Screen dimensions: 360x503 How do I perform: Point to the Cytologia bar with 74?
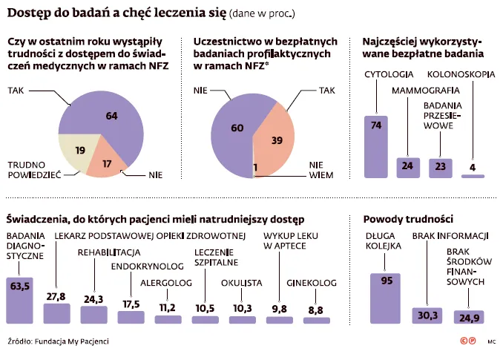(x=376, y=145)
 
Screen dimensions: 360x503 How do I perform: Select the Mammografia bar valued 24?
(x=408, y=166)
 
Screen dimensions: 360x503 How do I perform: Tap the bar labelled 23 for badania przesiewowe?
(x=441, y=167)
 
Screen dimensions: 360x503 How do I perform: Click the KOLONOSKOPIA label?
(x=459, y=73)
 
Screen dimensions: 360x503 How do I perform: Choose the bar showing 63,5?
(x=20, y=298)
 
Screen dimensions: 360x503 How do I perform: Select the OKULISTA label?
(x=242, y=283)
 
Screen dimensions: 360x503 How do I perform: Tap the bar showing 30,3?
(x=427, y=315)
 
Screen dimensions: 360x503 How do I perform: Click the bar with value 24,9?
(x=468, y=317)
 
